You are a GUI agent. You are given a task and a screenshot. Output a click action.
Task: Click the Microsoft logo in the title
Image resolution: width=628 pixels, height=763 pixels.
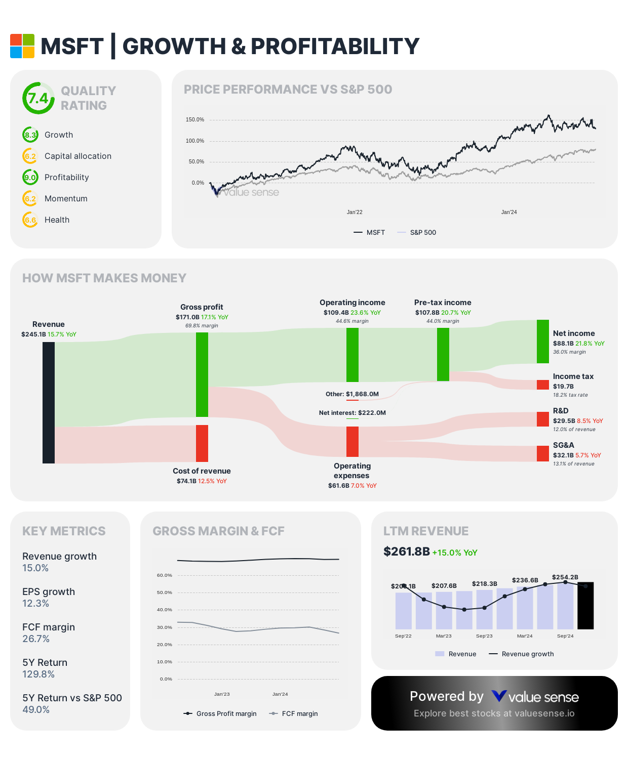tap(22, 46)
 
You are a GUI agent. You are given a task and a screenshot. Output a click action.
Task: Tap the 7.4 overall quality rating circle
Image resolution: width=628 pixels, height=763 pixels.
tap(38, 98)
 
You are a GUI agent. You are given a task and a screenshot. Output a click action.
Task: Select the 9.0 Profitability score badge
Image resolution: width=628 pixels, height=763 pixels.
tap(30, 178)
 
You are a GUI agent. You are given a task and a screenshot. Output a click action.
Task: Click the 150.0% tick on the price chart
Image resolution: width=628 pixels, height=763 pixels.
tap(195, 120)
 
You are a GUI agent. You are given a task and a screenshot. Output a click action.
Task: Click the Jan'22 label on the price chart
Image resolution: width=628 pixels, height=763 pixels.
tap(355, 213)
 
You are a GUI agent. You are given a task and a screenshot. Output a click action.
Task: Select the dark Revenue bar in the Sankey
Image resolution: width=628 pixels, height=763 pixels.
tap(49, 403)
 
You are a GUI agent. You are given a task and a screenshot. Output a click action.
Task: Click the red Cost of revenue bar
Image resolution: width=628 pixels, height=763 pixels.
tap(202, 443)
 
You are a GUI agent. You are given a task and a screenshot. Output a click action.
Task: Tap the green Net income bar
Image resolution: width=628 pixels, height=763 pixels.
tap(543, 342)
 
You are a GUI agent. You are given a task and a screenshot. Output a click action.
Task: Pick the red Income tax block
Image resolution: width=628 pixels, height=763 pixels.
tap(543, 385)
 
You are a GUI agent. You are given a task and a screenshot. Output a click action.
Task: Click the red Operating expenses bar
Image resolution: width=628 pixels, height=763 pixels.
tap(352, 442)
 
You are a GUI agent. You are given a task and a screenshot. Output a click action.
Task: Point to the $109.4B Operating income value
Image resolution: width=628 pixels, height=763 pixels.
tap(336, 313)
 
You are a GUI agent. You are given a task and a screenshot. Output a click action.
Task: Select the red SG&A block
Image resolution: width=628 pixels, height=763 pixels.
tap(543, 453)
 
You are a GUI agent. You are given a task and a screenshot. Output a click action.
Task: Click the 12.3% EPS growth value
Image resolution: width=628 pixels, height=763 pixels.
tap(35, 604)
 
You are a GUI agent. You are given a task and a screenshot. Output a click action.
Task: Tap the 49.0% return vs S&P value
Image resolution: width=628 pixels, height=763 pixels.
tap(36, 710)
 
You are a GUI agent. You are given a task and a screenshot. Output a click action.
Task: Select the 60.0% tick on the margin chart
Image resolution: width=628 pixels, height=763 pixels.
tap(165, 575)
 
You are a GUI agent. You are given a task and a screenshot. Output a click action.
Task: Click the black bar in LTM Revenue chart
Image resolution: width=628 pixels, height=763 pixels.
tap(585, 606)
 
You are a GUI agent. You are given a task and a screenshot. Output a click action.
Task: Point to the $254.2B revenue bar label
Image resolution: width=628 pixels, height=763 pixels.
tap(565, 577)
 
